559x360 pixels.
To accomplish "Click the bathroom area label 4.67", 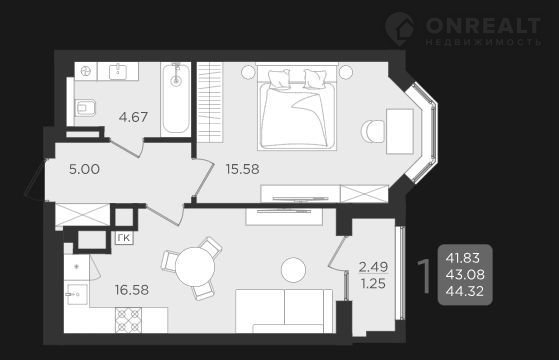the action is (x=133, y=117).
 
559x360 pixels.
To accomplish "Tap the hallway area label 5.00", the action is (x=84, y=169).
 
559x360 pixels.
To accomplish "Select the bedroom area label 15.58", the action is (x=242, y=169).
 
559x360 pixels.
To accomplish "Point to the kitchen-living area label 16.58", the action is (x=132, y=290).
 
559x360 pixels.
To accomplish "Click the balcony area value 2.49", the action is (x=373, y=267).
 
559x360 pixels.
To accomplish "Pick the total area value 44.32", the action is (x=465, y=292).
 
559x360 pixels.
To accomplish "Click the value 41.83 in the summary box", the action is (x=463, y=258).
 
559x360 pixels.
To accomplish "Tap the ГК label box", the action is (x=124, y=238).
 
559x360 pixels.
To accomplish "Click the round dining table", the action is (x=195, y=267).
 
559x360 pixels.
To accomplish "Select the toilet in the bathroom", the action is (x=85, y=107).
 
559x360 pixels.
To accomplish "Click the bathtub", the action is (x=176, y=99).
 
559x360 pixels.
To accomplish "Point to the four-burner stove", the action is (x=128, y=320).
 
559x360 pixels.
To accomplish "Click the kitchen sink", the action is (x=77, y=294).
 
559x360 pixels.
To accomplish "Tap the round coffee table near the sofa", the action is (x=293, y=270).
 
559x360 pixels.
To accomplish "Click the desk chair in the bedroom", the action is (x=373, y=131).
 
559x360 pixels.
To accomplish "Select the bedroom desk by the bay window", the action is (x=400, y=131).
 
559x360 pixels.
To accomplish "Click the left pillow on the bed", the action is (x=278, y=79).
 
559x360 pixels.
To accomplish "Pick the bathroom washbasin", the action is (x=118, y=71).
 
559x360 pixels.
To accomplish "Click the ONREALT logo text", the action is (x=483, y=26).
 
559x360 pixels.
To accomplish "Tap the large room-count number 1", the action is (x=424, y=275).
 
